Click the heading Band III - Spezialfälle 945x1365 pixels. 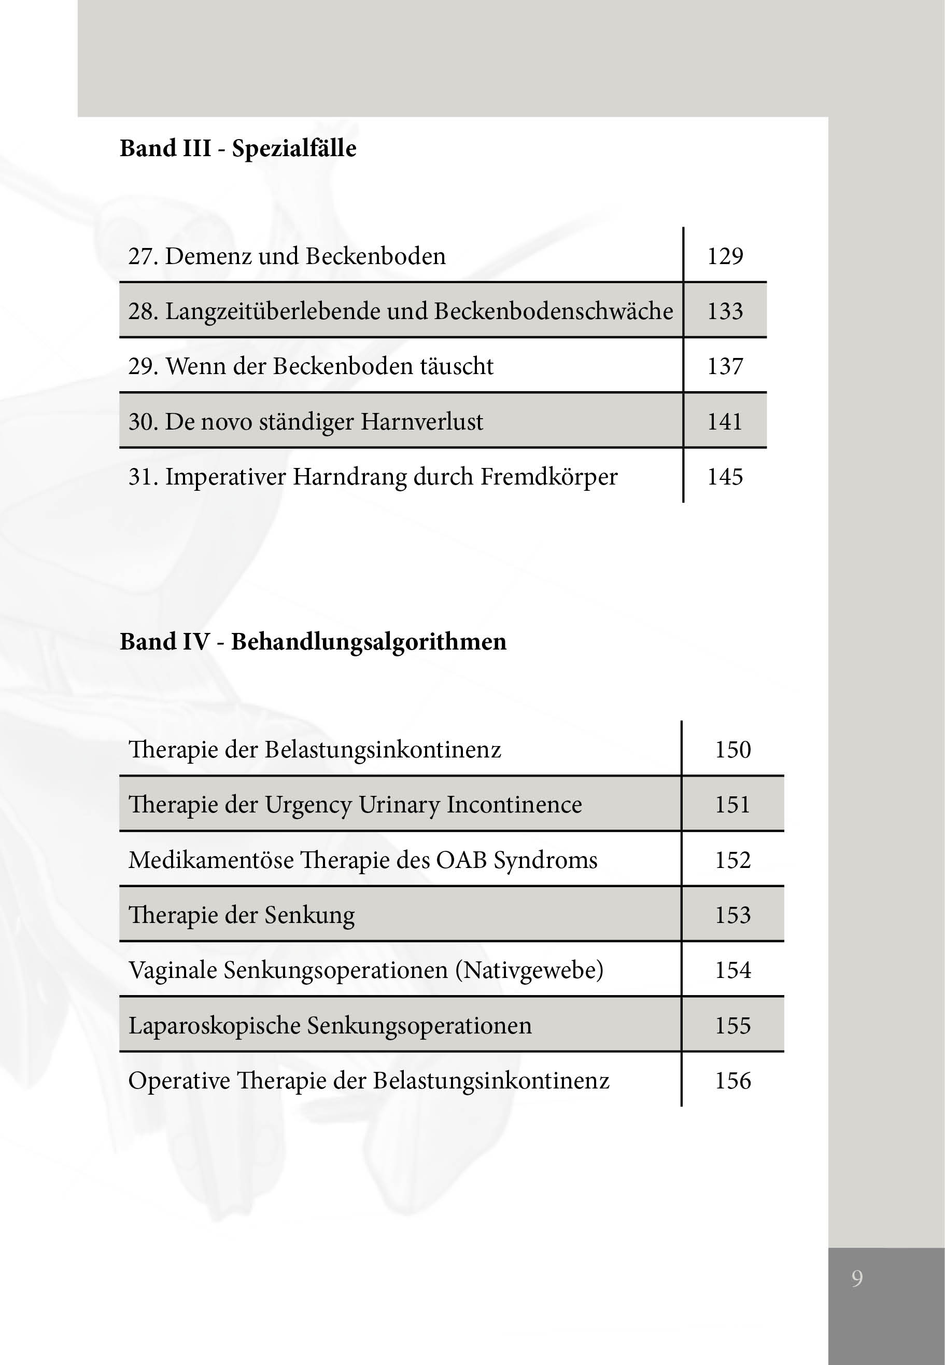point(238,148)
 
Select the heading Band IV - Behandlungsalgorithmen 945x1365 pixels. point(313,642)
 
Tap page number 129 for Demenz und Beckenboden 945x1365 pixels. point(725,256)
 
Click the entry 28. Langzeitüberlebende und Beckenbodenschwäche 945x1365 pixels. point(400,311)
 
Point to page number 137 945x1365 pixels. point(725,366)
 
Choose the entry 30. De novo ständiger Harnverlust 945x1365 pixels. point(305,422)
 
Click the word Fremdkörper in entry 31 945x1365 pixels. point(548,477)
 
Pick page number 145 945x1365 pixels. point(725,477)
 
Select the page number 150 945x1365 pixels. point(732,750)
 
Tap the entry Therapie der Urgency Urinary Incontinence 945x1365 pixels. point(355,805)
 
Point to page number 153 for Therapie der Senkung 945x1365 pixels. point(732,915)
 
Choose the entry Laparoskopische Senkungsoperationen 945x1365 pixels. point(330,1026)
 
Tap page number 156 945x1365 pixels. point(732,1081)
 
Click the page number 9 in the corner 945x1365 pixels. point(857,1278)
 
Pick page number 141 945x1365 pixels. point(725,422)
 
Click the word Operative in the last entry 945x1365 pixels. point(179,1081)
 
